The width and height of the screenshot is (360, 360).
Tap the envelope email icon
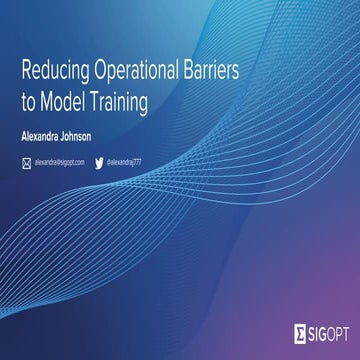pos(26,161)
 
